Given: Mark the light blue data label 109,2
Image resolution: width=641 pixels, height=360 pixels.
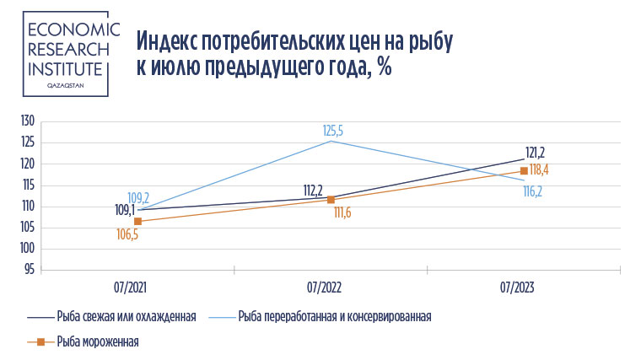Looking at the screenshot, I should tap(138, 198).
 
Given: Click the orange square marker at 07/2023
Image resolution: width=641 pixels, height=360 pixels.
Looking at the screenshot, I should tap(524, 171).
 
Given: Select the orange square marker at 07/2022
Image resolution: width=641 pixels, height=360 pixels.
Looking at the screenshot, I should tap(331, 200).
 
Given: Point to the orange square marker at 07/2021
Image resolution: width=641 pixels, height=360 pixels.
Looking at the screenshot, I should tap(137, 221).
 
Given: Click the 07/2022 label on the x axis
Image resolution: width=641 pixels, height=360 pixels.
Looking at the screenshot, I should tap(324, 287).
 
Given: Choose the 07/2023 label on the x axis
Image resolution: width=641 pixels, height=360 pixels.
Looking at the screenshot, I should tap(517, 287).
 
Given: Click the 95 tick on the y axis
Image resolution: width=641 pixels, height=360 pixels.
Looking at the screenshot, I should tap(29, 270).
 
